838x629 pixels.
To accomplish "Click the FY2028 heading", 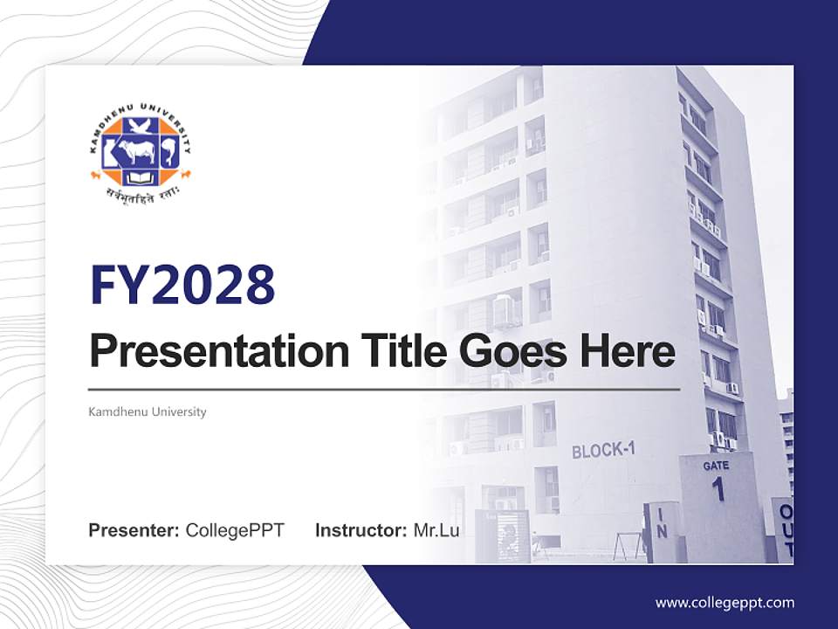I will pyautogui.click(x=182, y=285).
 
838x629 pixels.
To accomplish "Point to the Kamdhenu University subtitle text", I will pyautogui.click(x=148, y=411).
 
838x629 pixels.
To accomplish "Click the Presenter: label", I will pyautogui.click(x=134, y=530).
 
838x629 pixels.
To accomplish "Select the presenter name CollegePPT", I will pyautogui.click(x=235, y=530).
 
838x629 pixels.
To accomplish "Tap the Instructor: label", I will pyautogui.click(x=361, y=530).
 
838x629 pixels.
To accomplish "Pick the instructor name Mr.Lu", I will pyautogui.click(x=436, y=530).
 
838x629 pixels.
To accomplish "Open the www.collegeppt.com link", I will pyautogui.click(x=725, y=602).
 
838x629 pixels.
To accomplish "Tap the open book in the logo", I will pyautogui.click(x=140, y=178).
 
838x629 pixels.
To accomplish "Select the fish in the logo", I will pyautogui.click(x=169, y=154).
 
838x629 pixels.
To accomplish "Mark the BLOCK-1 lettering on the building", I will pyautogui.click(x=603, y=451).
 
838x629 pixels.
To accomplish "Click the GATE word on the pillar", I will pyautogui.click(x=716, y=466).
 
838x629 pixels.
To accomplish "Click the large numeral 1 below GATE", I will pyautogui.click(x=718, y=489).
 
